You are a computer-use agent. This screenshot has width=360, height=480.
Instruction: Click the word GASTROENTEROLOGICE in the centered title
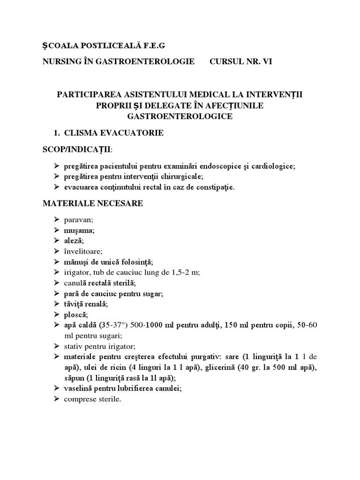click(x=180, y=116)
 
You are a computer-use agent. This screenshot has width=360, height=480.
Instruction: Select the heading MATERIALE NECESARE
click(x=93, y=204)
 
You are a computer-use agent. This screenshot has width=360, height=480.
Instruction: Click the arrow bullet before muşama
click(x=56, y=230)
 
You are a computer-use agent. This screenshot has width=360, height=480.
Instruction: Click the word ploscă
click(x=75, y=314)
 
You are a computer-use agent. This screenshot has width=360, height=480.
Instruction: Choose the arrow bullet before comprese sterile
click(x=56, y=399)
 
